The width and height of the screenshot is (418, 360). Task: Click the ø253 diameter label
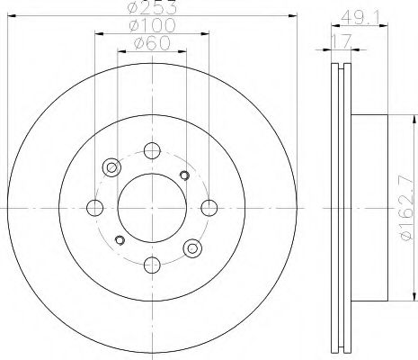pyautogui.click(x=152, y=7)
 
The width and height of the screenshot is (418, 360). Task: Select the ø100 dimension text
pyautogui.click(x=152, y=25)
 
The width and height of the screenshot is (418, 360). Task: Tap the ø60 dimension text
pyautogui.click(x=152, y=43)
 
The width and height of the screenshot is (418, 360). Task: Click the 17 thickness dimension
pyautogui.click(x=341, y=40)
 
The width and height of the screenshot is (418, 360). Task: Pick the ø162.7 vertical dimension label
pyautogui.click(x=408, y=208)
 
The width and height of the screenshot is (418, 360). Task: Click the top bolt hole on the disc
pyautogui.click(x=152, y=150)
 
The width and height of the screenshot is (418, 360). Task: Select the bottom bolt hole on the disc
pyautogui.click(x=152, y=265)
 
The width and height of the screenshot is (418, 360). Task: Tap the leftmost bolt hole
pyautogui.click(x=95, y=208)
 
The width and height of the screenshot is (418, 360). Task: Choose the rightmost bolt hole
pyautogui.click(x=209, y=208)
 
